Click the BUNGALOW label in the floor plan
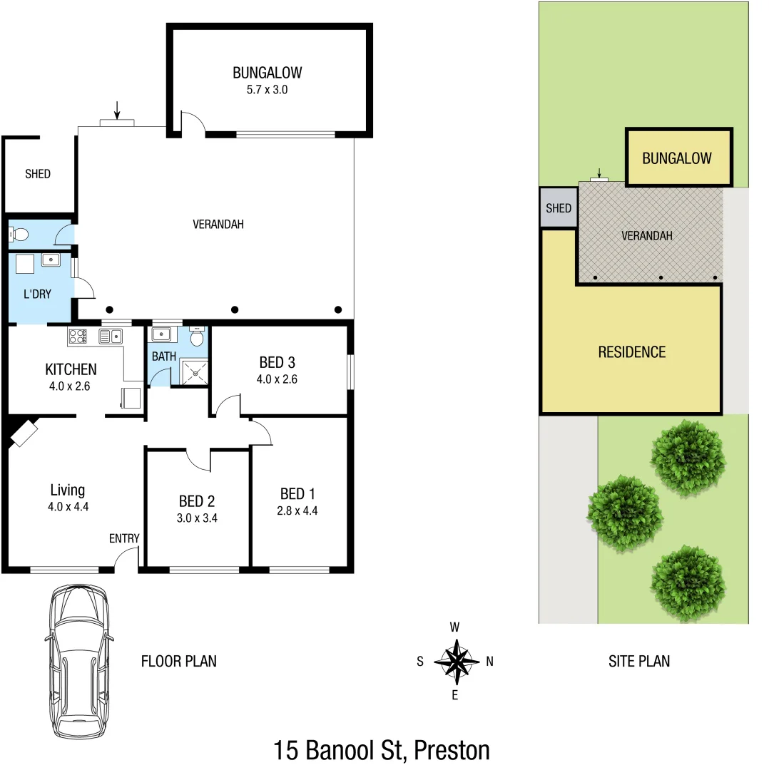pyautogui.click(x=267, y=72)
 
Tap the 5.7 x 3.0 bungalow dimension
pyautogui.click(x=267, y=90)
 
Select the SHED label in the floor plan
pyautogui.click(x=38, y=173)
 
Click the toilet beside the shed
pyautogui.click(x=21, y=234)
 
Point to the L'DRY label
pyautogui.click(x=37, y=294)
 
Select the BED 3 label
pyautogui.click(x=277, y=363)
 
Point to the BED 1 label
pyautogui.click(x=297, y=493)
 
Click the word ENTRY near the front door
pyautogui.click(x=124, y=538)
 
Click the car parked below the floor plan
pyautogui.click(x=78, y=661)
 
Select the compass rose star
pyautogui.click(x=455, y=661)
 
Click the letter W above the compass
pyautogui.click(x=454, y=627)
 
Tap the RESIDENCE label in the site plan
pyautogui.click(x=631, y=351)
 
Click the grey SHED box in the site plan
pyautogui.click(x=558, y=208)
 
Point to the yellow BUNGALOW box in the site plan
pyautogui.click(x=678, y=158)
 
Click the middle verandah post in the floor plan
pyautogui.click(x=234, y=309)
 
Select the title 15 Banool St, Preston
pyautogui.click(x=382, y=750)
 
